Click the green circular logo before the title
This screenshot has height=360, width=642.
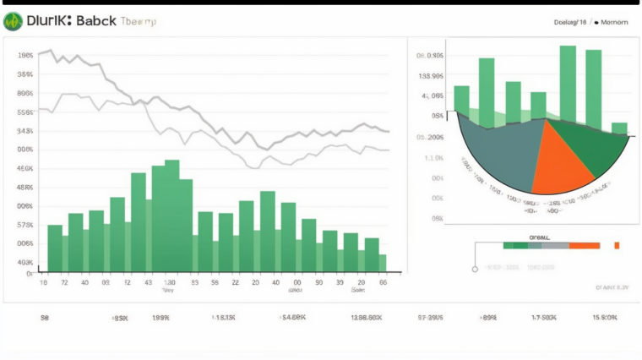13,22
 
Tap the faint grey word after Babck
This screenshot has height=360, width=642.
138,22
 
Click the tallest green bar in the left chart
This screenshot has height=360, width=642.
171,215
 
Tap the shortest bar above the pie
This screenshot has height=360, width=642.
619,128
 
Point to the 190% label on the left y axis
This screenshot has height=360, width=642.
24,55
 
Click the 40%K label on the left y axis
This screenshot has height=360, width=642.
24,262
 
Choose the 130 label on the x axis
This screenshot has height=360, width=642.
169,282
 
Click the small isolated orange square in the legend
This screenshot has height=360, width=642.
617,245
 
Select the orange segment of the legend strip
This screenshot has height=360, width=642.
585,245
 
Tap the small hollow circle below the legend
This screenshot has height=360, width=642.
475,269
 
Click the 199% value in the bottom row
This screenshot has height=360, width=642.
160,318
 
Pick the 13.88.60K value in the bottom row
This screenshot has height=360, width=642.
367,318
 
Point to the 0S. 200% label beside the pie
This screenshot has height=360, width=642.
431,137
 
